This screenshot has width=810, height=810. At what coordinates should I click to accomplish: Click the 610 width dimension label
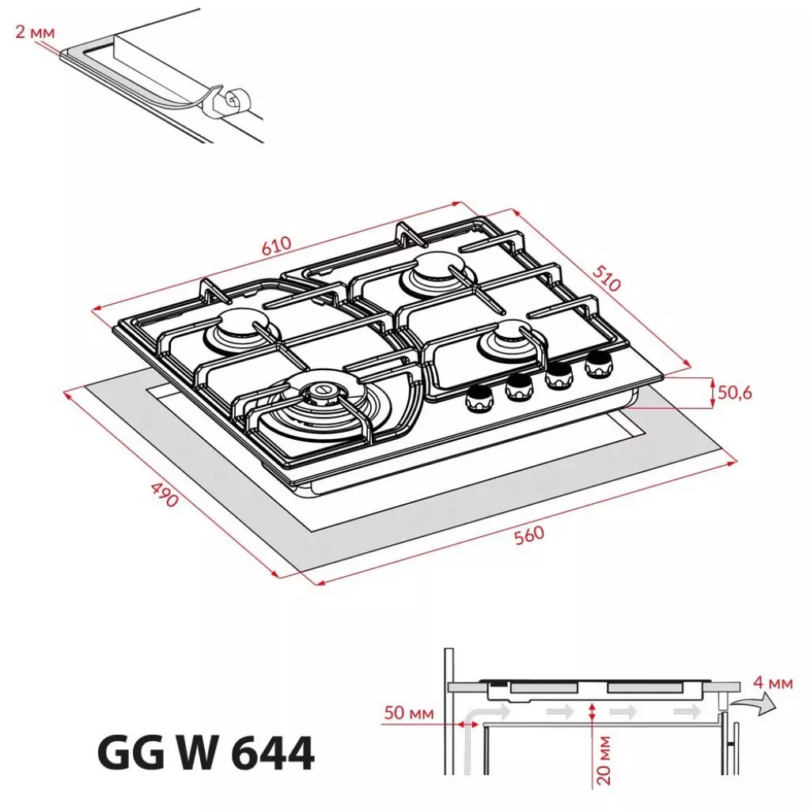tap(276, 245)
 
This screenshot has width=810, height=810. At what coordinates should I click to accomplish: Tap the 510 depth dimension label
tap(606, 278)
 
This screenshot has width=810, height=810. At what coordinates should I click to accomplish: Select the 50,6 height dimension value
tap(735, 392)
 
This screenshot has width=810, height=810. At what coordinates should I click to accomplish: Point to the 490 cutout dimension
tap(165, 494)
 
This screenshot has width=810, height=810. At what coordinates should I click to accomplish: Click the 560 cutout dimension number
tap(529, 535)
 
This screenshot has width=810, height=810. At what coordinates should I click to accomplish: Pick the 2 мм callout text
tap(35, 32)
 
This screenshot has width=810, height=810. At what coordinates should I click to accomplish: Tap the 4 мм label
tap(772, 682)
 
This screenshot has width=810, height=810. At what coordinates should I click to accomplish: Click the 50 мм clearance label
tap(409, 713)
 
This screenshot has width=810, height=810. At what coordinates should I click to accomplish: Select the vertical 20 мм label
tap(603, 760)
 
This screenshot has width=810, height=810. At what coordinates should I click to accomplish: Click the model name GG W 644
tap(206, 753)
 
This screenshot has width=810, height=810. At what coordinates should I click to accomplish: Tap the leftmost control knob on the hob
tap(480, 399)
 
